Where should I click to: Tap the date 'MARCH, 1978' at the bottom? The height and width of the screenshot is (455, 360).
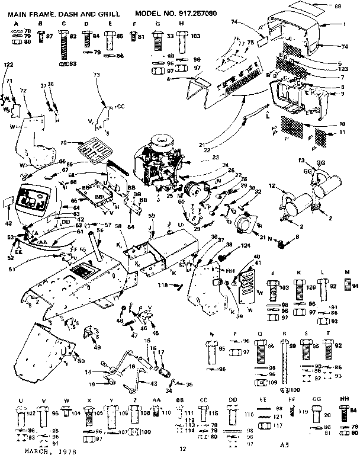click(x=44, y=451)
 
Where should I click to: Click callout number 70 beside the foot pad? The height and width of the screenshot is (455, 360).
click(x=63, y=142)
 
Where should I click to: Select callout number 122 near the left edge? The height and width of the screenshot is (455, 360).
click(x=8, y=63)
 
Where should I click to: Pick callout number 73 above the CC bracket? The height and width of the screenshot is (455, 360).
click(x=97, y=75)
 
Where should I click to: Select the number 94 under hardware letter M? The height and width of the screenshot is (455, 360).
click(x=355, y=285)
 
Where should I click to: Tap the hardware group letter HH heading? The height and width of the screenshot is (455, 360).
click(x=344, y=400)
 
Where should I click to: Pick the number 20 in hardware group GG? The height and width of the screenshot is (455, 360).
click(x=327, y=415)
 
